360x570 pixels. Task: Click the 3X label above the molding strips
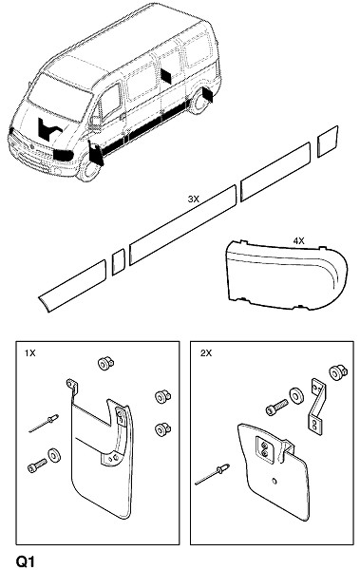[x=194, y=199]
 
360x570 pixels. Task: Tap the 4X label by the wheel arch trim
[x=299, y=240]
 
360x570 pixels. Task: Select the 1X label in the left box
[x=30, y=353]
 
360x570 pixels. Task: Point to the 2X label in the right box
[x=206, y=353]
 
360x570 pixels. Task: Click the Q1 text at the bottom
[x=26, y=560]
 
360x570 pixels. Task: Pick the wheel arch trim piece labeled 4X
[x=286, y=275]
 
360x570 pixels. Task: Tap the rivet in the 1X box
[x=44, y=424]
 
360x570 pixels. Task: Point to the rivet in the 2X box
[x=213, y=474]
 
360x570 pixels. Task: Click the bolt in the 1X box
[x=37, y=465]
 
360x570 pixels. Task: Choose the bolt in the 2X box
[x=276, y=407]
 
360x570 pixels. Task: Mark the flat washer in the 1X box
[x=54, y=454]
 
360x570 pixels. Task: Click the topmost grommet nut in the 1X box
[x=105, y=363]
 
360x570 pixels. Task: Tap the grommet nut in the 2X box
[x=338, y=372]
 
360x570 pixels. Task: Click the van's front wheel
[x=87, y=170]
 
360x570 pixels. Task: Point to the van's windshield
[x=60, y=97]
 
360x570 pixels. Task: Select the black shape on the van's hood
[x=48, y=128]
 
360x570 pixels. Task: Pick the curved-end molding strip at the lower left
[x=72, y=286]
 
